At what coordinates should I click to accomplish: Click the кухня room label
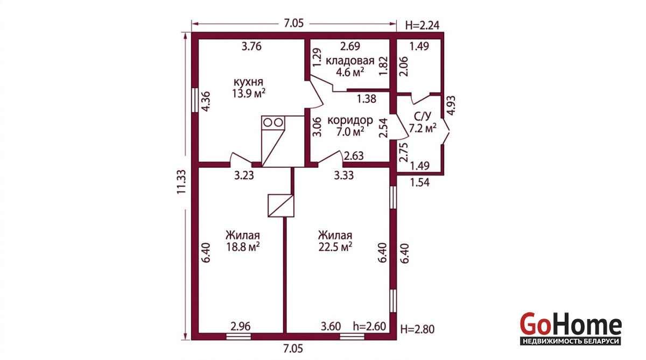248,82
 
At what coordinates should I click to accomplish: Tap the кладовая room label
350,61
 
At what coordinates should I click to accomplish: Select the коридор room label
350,120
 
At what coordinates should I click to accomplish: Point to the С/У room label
423,116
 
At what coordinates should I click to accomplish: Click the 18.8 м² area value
243,247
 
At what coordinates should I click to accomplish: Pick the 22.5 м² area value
335,247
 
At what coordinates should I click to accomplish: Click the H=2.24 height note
422,25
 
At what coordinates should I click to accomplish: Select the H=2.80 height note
417,329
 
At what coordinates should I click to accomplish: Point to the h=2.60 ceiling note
369,326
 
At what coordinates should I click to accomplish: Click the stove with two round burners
273,123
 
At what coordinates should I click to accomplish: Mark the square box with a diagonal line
281,206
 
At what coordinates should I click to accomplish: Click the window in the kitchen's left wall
195,100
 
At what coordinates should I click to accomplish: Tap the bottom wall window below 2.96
238,336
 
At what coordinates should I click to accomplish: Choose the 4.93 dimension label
451,105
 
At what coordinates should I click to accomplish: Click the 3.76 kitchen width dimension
251,46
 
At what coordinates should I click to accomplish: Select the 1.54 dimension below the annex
420,182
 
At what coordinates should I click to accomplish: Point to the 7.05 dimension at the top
293,23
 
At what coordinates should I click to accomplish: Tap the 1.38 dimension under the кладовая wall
367,99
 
